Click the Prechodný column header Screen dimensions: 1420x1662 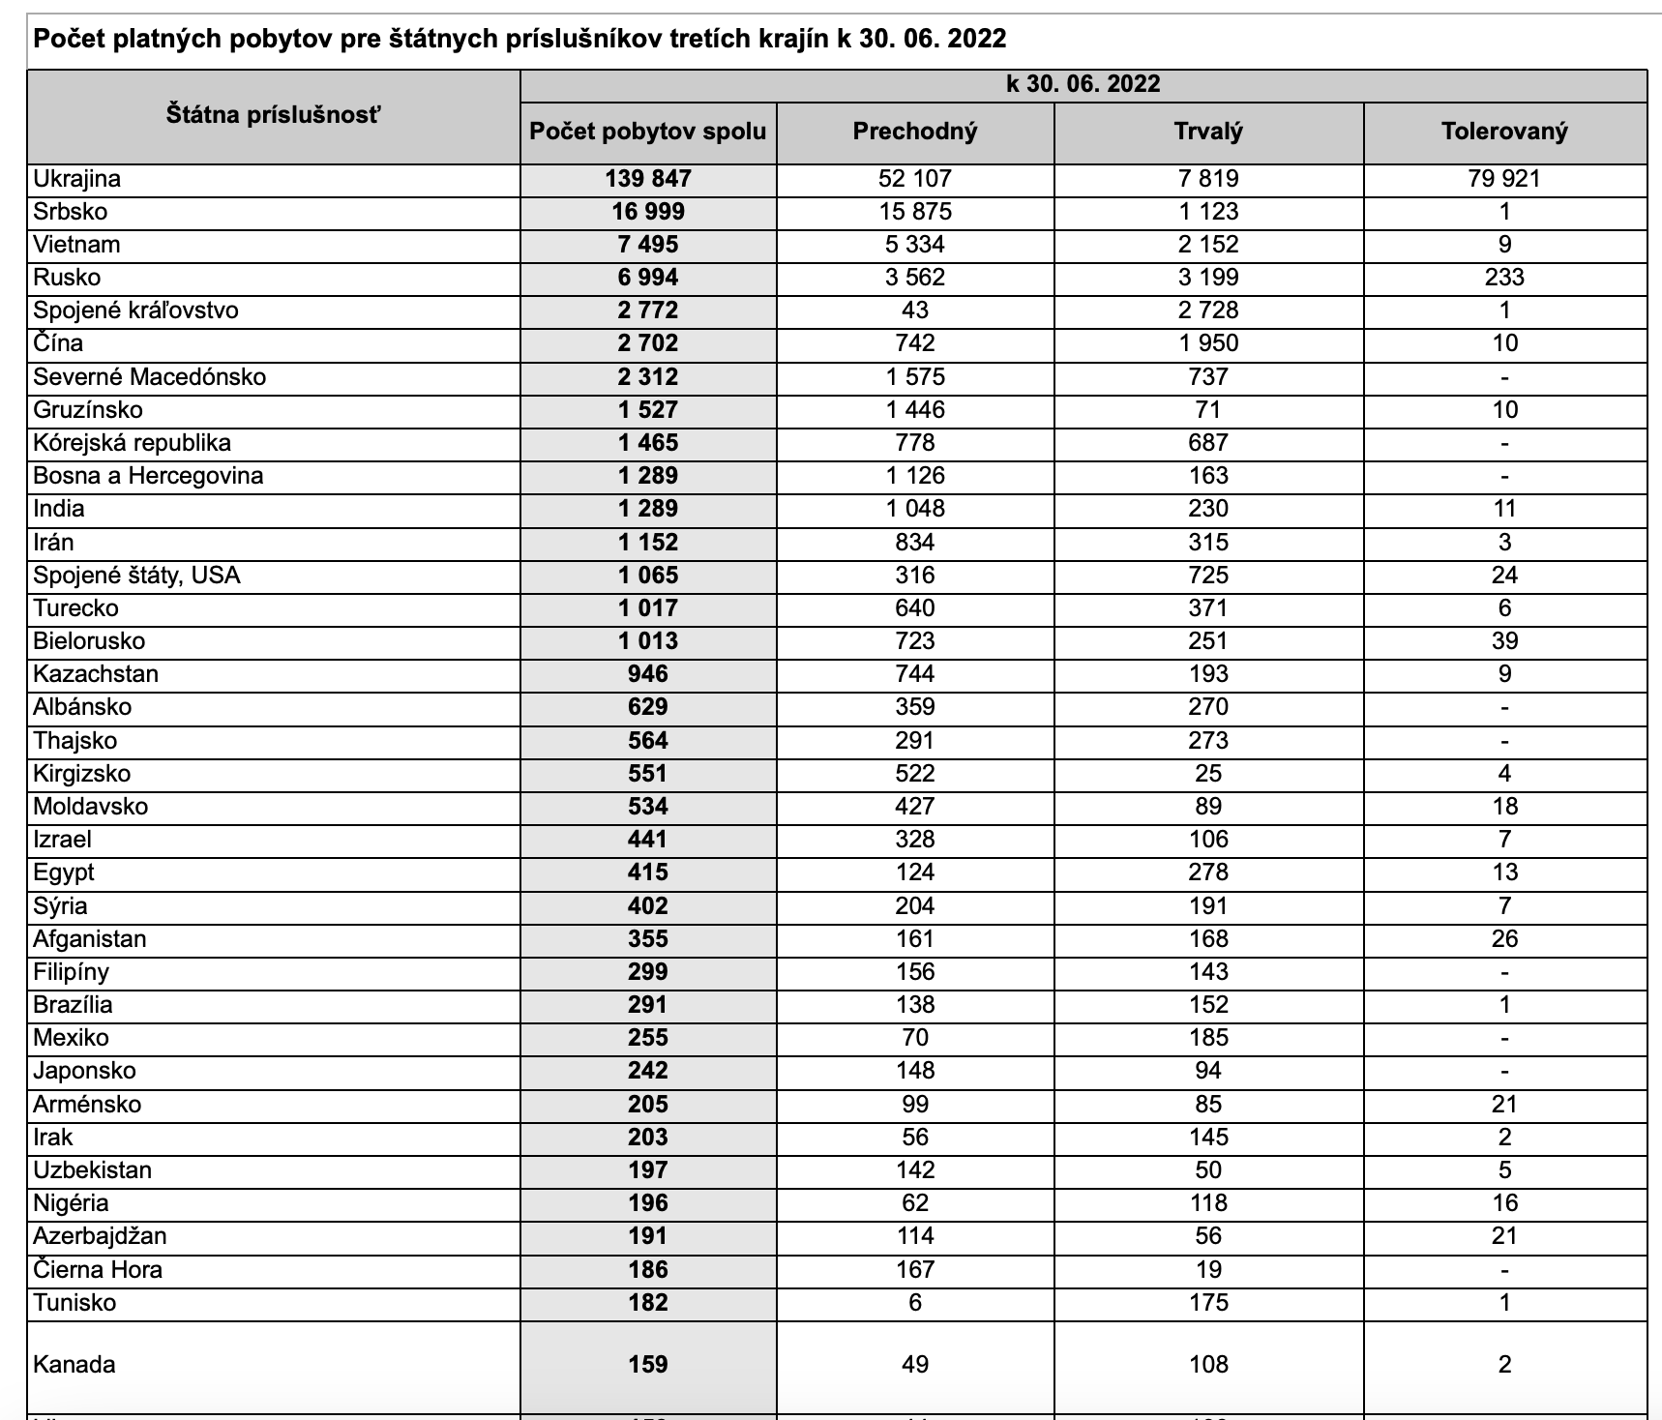914,132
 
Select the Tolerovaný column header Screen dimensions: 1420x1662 1503,132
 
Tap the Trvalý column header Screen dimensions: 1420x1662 1207,132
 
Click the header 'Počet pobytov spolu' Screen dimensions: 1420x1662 648,132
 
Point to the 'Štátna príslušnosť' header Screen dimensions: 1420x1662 273,115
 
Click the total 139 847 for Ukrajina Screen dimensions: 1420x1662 648,179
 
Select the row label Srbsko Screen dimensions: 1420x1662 70,212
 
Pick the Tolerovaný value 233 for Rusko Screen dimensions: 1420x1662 1503,278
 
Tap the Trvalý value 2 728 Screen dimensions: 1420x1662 1207,311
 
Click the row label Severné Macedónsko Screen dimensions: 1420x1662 149,376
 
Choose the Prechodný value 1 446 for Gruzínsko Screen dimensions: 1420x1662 914,410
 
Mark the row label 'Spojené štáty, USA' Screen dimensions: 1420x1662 136,576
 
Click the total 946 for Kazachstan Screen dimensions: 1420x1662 648,674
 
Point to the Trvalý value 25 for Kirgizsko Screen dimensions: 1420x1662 1207,774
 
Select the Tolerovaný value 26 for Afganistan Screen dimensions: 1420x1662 1503,939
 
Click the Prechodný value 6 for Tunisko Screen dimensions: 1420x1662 914,1303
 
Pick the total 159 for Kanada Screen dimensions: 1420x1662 648,1365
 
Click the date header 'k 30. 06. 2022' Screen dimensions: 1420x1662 1083,84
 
